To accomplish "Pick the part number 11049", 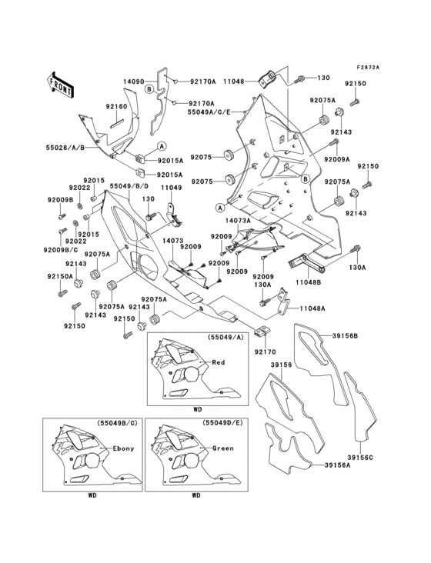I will [x=171, y=187].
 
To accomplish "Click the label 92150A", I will [x=58, y=275].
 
